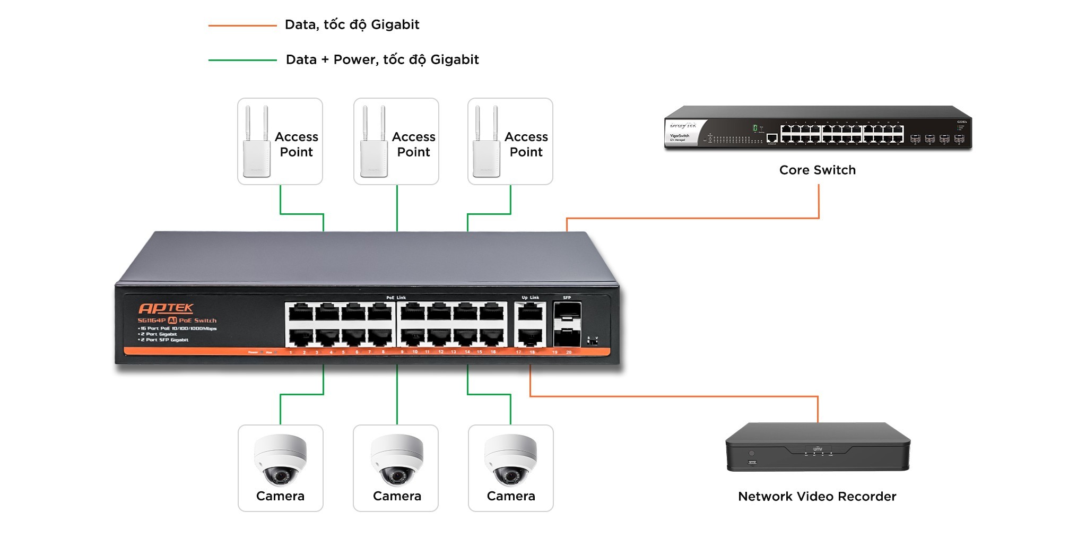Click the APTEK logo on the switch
(x=166, y=308)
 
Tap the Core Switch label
(x=817, y=170)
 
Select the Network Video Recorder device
(x=817, y=447)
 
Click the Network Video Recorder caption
(x=817, y=497)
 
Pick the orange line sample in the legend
(x=242, y=25)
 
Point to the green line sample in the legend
(x=242, y=60)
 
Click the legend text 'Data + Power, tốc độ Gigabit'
(x=382, y=59)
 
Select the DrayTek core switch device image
(x=817, y=128)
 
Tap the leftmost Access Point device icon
(x=257, y=143)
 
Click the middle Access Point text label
(x=413, y=144)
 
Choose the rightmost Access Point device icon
(x=486, y=143)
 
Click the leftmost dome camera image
(x=280, y=460)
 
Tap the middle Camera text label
(x=397, y=496)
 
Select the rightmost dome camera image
(x=510, y=460)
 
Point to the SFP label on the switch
(x=567, y=298)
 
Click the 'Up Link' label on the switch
(x=530, y=298)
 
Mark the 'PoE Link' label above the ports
(x=396, y=298)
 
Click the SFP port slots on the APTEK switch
(x=567, y=324)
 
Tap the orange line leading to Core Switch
(x=690, y=218)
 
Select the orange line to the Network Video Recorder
(x=674, y=396)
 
